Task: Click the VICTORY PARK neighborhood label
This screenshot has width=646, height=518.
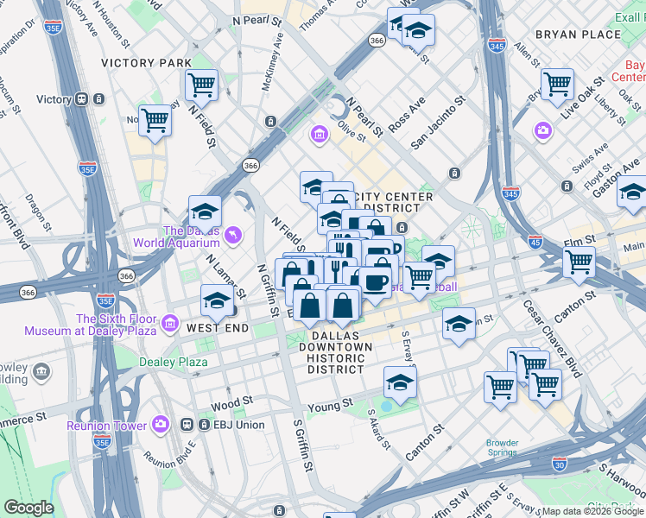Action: [146, 63]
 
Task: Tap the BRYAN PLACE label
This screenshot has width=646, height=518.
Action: [578, 35]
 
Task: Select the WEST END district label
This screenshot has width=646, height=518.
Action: [218, 329]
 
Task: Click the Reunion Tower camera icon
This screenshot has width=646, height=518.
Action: [161, 424]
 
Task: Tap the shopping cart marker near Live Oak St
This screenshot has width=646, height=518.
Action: [557, 85]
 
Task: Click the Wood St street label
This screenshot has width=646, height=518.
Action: [231, 402]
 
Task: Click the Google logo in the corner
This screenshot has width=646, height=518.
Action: [29, 508]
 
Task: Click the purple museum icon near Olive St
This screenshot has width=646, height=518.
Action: [320, 135]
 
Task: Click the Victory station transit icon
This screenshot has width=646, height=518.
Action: [85, 99]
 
